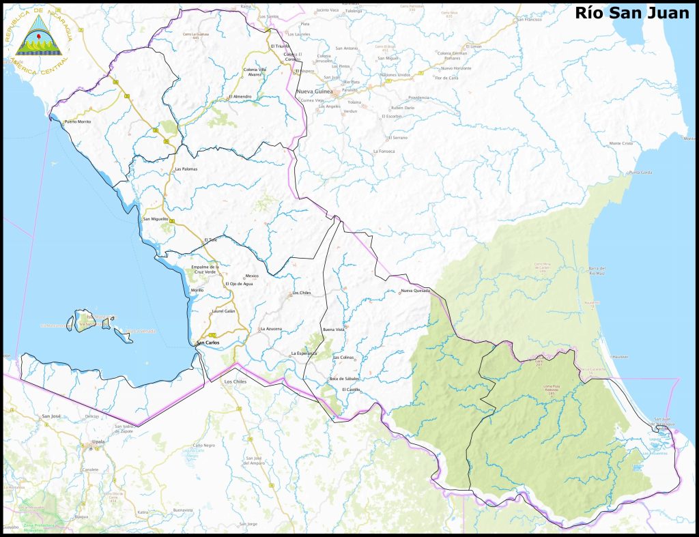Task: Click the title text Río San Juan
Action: (x=631, y=12)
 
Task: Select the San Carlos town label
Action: (x=208, y=343)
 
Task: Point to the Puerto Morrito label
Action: (x=77, y=121)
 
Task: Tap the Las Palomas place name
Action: (x=186, y=169)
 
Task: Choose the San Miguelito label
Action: (x=155, y=219)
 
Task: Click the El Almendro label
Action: (x=240, y=96)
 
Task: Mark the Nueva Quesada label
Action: (x=416, y=291)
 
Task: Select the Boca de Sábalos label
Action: (x=344, y=378)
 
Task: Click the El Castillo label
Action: (x=351, y=390)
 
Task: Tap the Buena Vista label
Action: (x=334, y=330)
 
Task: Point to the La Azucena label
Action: (x=271, y=329)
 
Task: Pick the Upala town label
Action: (x=98, y=441)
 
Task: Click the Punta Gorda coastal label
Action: (x=640, y=173)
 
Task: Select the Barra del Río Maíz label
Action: (x=597, y=271)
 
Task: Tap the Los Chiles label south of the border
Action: (x=235, y=382)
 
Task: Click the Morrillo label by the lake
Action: (x=197, y=290)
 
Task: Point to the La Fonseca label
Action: (x=384, y=150)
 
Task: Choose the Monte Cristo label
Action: (x=621, y=143)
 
